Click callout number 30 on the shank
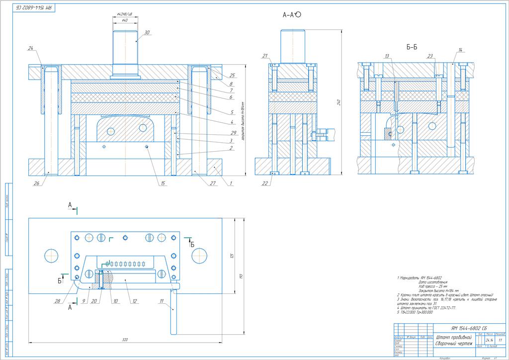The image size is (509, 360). tap(147, 32)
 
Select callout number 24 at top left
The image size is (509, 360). tap(31, 48)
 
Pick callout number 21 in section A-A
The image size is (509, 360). tap(265, 55)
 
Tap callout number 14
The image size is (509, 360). tap(460, 50)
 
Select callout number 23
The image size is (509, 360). tap(430, 56)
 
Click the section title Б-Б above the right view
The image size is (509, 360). tap(411, 48)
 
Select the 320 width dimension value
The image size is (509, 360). tap(125, 340)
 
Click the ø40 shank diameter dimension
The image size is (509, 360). tap(124, 20)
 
